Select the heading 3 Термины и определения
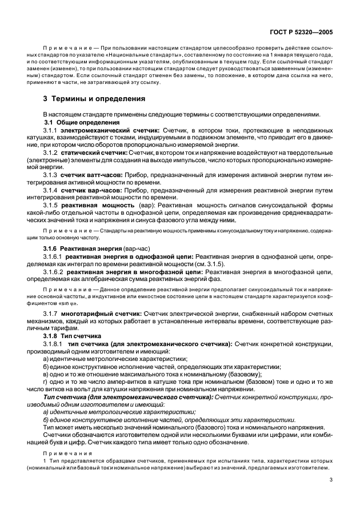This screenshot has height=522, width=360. (x=95, y=98)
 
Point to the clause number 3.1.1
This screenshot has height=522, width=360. (x=52, y=130)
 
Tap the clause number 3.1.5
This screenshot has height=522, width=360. (x=52, y=204)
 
